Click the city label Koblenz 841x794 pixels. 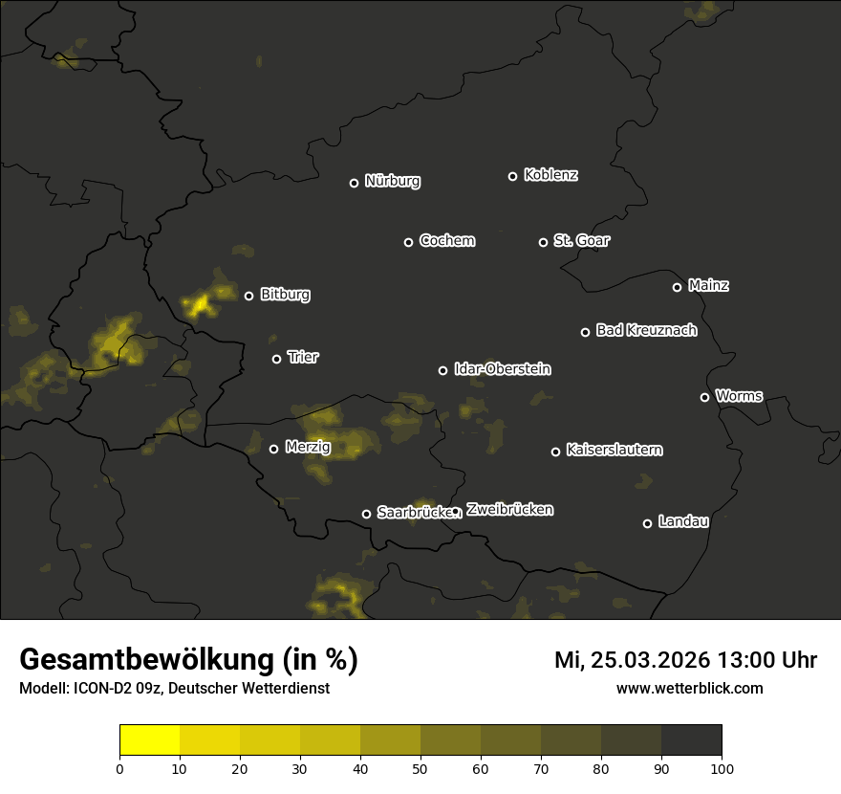(550, 175)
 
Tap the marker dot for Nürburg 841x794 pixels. (354, 183)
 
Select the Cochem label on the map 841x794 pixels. (446, 241)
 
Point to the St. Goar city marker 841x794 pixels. (543, 242)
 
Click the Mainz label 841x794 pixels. (707, 285)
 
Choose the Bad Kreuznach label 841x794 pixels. (646, 330)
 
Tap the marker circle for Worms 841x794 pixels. (704, 397)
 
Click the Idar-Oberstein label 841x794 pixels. (502, 369)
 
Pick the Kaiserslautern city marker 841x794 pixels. (555, 452)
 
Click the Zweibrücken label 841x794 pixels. (509, 510)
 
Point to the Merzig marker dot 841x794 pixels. (273, 449)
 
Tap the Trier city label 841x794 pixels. (303, 358)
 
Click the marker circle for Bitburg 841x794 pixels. (248, 296)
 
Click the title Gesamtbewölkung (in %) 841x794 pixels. (188, 660)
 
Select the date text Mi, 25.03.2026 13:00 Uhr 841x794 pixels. (685, 660)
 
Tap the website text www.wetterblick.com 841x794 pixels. (689, 689)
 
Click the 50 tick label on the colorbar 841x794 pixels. (420, 768)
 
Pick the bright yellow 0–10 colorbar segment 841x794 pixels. (149, 740)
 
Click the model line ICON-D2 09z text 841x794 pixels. (174, 689)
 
